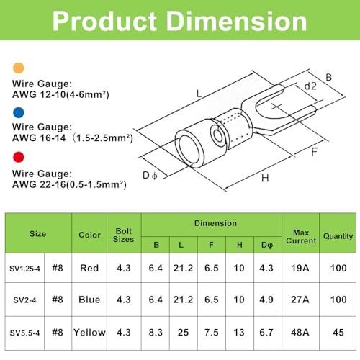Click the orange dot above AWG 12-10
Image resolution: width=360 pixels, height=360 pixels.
[x=19, y=68]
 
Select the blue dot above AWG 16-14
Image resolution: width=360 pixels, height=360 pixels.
[x=19, y=112]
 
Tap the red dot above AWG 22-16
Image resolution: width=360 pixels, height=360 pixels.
[x=19, y=157]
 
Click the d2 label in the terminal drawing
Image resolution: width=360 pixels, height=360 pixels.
[x=310, y=86]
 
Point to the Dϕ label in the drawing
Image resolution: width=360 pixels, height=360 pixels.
[x=150, y=176]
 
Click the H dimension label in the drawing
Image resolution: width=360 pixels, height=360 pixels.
[x=265, y=178]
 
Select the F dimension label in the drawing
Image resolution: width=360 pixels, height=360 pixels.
[x=314, y=152]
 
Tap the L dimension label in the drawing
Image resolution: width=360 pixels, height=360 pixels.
[x=199, y=94]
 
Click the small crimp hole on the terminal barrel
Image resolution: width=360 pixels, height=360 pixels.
[x=218, y=135]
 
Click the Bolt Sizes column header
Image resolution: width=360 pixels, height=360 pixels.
[x=124, y=235]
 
